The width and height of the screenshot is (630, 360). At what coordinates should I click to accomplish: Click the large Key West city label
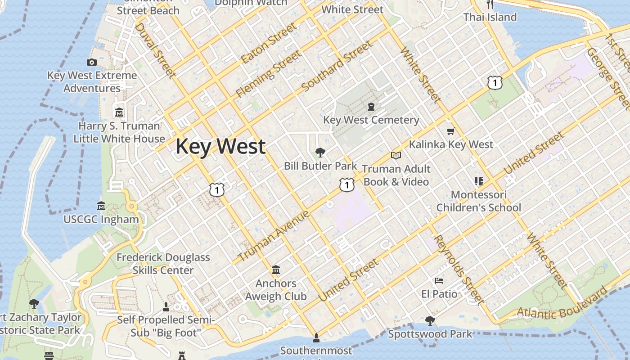coord(220,147)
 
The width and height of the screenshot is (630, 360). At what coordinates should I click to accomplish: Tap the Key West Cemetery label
coord(371,120)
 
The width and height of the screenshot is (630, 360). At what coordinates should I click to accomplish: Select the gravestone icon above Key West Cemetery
coord(371,107)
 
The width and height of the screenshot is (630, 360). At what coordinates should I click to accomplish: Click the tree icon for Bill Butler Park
coord(320,152)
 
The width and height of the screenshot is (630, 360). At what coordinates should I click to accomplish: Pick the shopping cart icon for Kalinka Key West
coord(450,131)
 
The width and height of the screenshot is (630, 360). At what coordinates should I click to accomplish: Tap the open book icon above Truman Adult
coord(396,155)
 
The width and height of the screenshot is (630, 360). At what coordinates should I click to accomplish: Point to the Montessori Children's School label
coord(479,201)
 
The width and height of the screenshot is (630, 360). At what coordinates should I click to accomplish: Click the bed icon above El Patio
coord(439,281)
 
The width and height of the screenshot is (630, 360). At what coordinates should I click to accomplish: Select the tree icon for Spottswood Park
coord(430,320)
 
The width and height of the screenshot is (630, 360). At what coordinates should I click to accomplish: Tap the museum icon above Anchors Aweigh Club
coord(276,270)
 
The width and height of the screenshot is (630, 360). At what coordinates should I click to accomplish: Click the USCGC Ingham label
coord(101,220)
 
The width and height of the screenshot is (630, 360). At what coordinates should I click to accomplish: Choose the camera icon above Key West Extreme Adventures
coord(92,62)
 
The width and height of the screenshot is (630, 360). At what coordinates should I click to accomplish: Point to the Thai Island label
coord(490,17)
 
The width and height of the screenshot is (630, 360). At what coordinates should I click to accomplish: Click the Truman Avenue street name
coord(274,236)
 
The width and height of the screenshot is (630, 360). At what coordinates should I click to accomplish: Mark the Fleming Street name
coord(269,74)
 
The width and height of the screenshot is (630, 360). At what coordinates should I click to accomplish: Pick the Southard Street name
coord(337,66)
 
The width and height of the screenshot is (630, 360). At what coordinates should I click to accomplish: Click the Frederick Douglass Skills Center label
coord(163,264)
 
